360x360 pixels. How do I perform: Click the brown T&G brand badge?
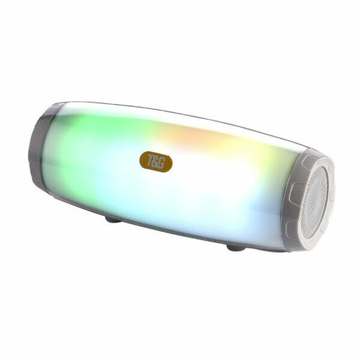click(156, 161)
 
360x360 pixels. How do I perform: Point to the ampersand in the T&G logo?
click(155, 161)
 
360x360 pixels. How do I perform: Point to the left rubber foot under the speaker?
click(113, 220)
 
